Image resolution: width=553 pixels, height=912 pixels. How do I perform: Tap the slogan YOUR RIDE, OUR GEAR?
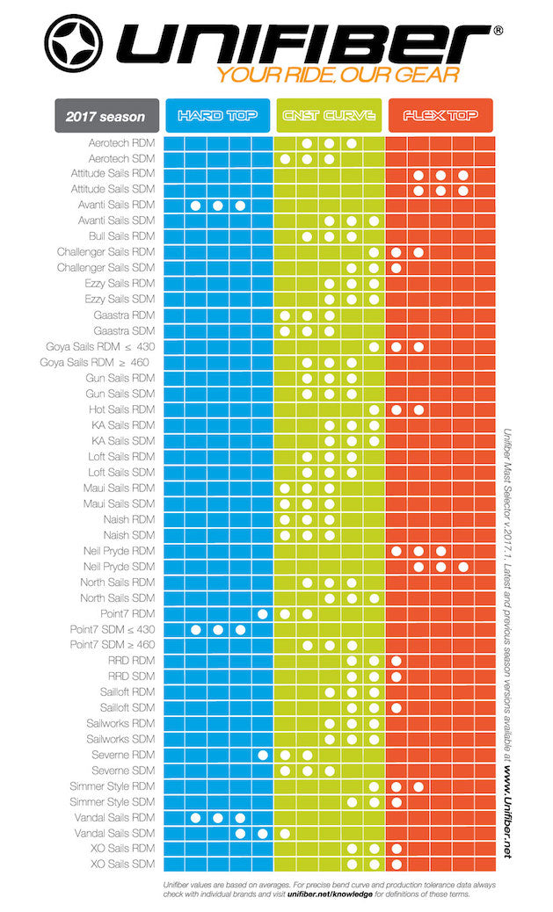click(339, 76)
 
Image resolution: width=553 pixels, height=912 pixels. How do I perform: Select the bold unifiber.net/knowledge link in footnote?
click(326, 894)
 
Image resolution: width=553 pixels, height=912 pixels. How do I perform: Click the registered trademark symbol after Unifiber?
click(498, 30)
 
